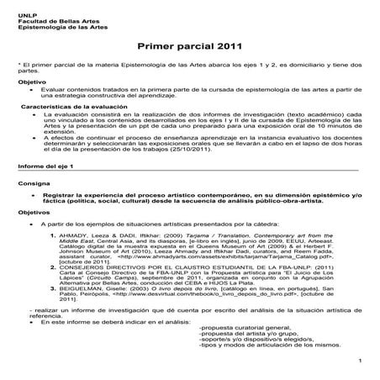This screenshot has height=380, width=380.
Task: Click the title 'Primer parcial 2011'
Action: pyautogui.click(x=188, y=45)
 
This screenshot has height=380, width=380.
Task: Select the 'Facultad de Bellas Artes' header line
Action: pyautogui.click(x=47, y=15)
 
